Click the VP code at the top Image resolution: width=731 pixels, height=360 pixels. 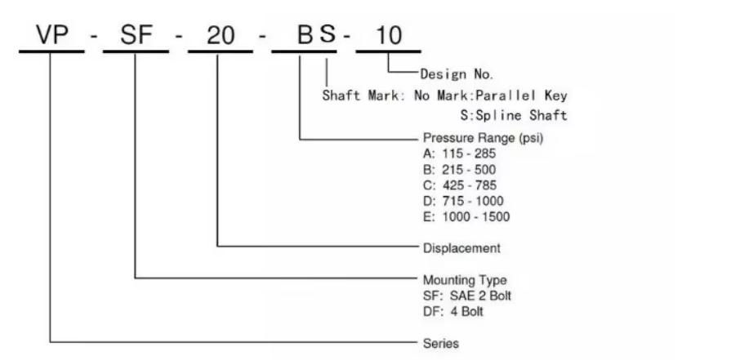pyautogui.click(x=51, y=35)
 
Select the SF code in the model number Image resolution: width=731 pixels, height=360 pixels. pyautogui.click(x=136, y=35)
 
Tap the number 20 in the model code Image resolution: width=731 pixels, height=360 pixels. pyautogui.click(x=221, y=35)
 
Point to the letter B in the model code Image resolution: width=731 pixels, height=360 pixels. pyautogui.click(x=305, y=35)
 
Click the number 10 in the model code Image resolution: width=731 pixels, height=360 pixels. pyautogui.click(x=388, y=35)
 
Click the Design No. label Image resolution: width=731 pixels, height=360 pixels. pyautogui.click(x=457, y=73)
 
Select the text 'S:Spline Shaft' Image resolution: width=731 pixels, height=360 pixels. pyautogui.click(x=514, y=115)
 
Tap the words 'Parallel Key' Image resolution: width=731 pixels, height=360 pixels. pyautogui.click(x=522, y=96)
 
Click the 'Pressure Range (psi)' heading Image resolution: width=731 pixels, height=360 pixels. pyautogui.click(x=483, y=138)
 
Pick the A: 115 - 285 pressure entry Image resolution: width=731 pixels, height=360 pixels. pyautogui.click(x=459, y=153)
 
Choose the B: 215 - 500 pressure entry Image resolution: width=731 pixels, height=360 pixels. pyautogui.click(x=459, y=170)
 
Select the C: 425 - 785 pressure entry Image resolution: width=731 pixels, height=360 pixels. pyautogui.click(x=460, y=185)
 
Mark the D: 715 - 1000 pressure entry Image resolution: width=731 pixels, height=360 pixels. pyautogui.click(x=463, y=201)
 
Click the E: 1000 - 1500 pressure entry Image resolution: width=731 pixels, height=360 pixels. pyautogui.click(x=466, y=217)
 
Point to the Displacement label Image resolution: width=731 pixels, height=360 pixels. pyautogui.click(x=461, y=248)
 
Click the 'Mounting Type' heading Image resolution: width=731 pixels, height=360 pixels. pyautogui.click(x=465, y=280)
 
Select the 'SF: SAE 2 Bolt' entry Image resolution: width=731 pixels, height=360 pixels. pyautogui.click(x=466, y=296)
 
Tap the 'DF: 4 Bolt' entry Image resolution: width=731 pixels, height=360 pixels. pyautogui.click(x=452, y=312)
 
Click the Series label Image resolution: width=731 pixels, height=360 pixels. pyautogui.click(x=440, y=344)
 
